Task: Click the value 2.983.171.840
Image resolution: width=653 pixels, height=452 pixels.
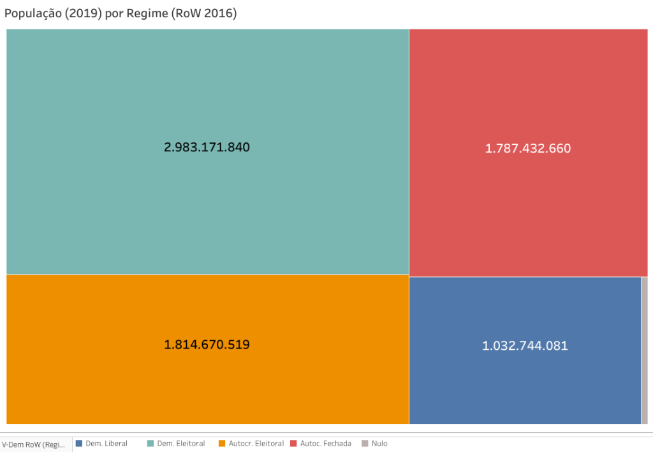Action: pos(207,147)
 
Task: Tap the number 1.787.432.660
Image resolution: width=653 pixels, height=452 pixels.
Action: pos(527,149)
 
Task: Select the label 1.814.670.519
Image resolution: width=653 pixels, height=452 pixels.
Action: pos(207,345)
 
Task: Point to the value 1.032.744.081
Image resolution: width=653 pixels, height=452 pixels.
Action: pos(525,346)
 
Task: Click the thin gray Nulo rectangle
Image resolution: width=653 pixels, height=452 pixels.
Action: pos(644,350)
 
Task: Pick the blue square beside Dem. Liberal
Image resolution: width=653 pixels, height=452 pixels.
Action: pos(79,443)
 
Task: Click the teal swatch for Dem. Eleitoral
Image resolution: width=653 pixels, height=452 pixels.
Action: pos(150,443)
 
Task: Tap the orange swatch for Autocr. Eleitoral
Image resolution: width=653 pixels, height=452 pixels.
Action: pos(222,443)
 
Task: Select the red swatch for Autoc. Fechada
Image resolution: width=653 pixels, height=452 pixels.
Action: pos(294,443)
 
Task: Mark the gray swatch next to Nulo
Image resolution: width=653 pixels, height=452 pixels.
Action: pos(365,443)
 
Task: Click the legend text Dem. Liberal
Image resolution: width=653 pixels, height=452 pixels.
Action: pos(106,443)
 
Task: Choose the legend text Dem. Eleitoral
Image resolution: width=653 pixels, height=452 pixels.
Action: pos(181,443)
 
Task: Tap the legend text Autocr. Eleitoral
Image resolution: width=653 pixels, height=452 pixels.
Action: pos(256,443)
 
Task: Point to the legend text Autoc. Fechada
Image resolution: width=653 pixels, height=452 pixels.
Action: pos(326,443)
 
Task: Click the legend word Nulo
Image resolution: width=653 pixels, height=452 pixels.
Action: pos(379,443)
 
